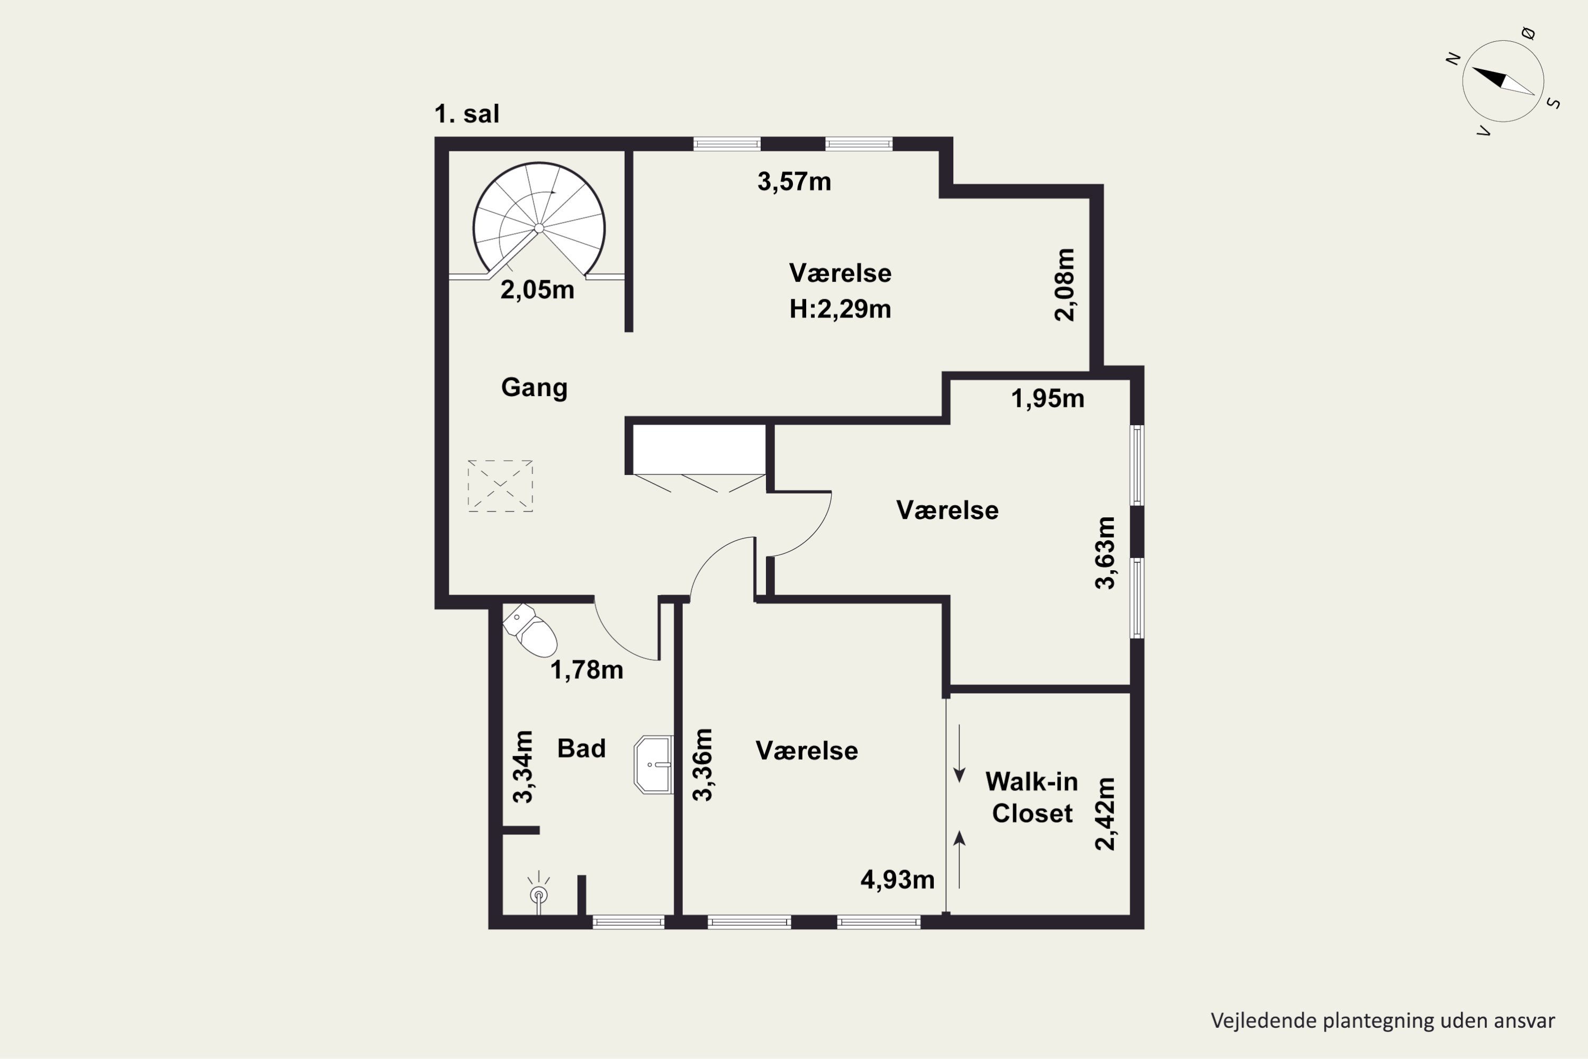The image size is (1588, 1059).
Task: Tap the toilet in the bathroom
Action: point(531,630)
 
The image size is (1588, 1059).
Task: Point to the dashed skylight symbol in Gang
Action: point(500,486)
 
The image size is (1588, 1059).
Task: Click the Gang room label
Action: point(534,388)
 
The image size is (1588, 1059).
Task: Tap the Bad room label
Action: point(581,748)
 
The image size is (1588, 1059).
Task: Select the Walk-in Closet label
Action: point(1032,797)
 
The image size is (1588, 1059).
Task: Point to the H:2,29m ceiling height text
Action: point(840,309)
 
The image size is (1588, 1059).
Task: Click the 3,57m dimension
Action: point(794,182)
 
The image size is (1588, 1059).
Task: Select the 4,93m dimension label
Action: point(897,879)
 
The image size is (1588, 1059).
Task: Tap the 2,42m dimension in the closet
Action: point(1105,814)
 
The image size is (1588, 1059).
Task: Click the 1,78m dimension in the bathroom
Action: point(587,670)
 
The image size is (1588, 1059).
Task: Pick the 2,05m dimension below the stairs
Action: point(537,290)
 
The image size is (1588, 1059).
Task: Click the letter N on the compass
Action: point(1452,59)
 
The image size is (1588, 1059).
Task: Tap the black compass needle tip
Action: point(1473,68)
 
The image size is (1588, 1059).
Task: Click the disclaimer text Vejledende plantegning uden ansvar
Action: point(1383,1020)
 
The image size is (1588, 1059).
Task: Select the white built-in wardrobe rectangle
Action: point(699,449)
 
